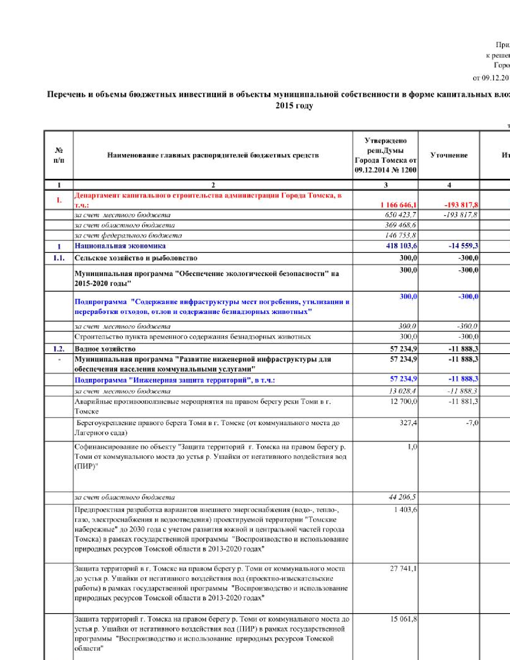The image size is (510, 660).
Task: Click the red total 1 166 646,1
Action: pyautogui.click(x=398, y=205)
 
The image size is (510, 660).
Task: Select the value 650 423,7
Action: pyautogui.click(x=400, y=215)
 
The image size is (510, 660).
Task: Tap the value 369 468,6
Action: pyautogui.click(x=400, y=225)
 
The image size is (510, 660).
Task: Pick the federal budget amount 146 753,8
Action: pyautogui.click(x=400, y=235)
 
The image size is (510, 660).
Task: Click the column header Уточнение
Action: pyautogui.click(x=449, y=155)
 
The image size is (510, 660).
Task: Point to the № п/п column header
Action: pyautogui.click(x=59, y=155)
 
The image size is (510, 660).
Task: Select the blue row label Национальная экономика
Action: pyautogui.click(x=120, y=246)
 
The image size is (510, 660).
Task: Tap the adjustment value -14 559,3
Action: pyautogui.click(x=463, y=246)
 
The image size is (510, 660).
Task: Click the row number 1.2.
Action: pyautogui.click(x=59, y=349)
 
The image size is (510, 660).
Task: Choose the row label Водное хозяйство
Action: pyautogui.click(x=105, y=349)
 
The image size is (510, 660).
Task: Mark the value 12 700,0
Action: pyautogui.click(x=403, y=401)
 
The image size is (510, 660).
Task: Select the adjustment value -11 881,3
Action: pyautogui.click(x=463, y=401)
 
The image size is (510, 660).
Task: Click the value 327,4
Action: pyautogui.click(x=408, y=423)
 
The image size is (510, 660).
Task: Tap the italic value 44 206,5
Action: pyautogui.click(x=402, y=497)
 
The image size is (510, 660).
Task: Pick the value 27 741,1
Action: pyautogui.click(x=403, y=568)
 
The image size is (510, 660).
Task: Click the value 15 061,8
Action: pyautogui.click(x=403, y=619)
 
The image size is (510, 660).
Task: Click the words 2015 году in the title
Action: pyautogui.click(x=294, y=106)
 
